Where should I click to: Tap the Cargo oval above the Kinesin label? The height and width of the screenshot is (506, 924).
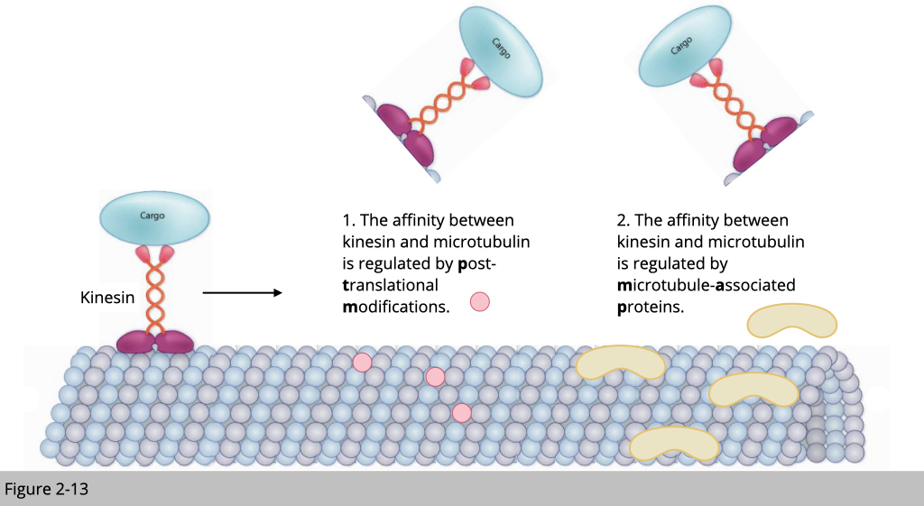154,216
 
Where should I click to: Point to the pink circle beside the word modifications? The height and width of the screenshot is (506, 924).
480,302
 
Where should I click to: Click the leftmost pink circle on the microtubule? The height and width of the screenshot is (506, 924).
362,362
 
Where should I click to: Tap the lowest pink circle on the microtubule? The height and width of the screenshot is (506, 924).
462,413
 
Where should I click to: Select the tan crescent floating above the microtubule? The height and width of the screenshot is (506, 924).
792,320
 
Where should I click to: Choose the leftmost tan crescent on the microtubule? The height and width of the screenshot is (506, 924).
620,363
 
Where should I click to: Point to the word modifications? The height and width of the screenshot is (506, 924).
395,307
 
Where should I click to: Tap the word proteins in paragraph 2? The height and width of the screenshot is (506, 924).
651,307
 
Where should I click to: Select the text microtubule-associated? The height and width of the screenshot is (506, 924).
707,286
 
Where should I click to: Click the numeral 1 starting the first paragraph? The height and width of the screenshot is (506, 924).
346,220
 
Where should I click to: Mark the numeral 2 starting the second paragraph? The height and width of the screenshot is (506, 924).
622,220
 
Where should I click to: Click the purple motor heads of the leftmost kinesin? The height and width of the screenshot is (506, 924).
155,341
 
